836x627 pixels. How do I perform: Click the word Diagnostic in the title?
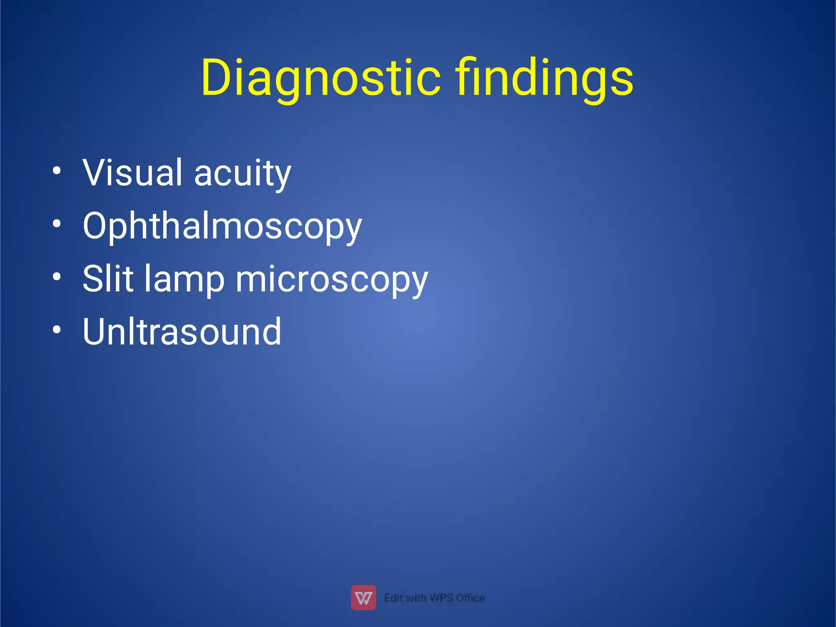[x=320, y=78]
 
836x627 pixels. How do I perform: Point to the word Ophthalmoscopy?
[x=222, y=227]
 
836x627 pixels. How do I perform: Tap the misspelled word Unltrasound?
[x=182, y=331]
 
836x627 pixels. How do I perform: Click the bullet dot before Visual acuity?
[x=57, y=171]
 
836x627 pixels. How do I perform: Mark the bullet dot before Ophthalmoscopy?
[x=57, y=224]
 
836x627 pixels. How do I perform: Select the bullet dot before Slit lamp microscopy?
[x=57, y=277]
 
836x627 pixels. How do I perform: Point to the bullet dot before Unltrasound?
[x=57, y=329]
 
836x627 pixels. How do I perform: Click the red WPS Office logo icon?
[x=363, y=598]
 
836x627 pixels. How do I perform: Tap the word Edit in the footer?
[x=393, y=598]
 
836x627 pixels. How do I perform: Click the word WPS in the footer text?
[x=441, y=598]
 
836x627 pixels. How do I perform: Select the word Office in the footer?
[x=471, y=598]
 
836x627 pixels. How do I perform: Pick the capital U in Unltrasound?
[x=96, y=331]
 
